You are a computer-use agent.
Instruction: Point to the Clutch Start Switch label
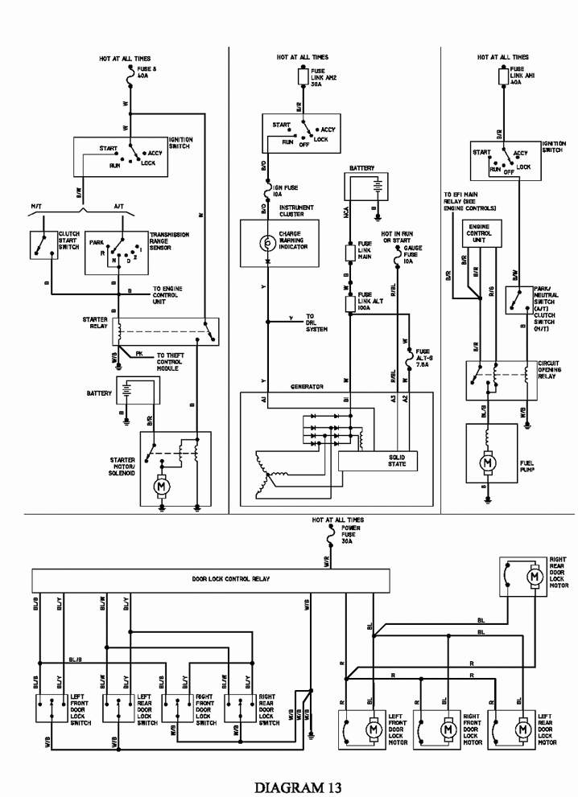(x=68, y=241)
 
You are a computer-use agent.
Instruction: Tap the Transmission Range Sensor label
(x=168, y=241)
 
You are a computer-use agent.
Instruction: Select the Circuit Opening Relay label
(x=549, y=369)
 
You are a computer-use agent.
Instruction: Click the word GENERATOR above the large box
(x=307, y=387)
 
